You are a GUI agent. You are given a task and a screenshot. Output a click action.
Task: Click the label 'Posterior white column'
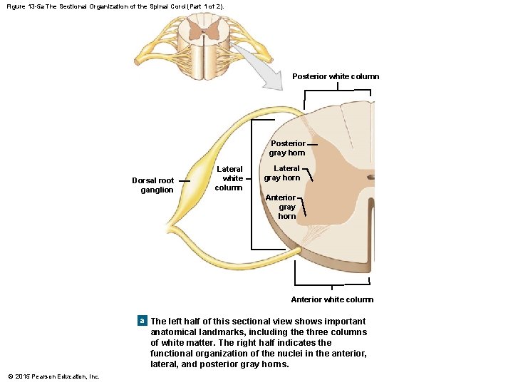click(336, 76)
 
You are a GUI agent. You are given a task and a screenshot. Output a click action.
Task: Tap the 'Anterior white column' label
click(332, 299)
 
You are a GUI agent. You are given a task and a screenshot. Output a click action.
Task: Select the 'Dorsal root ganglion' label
click(152, 185)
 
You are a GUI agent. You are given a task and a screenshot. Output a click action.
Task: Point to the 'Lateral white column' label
click(229, 178)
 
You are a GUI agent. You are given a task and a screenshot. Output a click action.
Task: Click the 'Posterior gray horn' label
click(287, 148)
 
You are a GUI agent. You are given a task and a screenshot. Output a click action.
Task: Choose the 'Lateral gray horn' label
click(282, 173)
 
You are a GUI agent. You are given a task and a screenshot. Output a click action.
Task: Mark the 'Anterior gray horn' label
click(281, 207)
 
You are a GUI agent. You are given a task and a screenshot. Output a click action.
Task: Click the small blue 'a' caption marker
click(142, 322)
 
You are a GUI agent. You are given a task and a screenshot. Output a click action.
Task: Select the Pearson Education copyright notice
click(53, 376)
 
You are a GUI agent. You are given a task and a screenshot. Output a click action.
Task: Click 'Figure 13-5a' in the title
click(25, 6)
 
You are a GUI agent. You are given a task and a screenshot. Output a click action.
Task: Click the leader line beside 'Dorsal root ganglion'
click(185, 182)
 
